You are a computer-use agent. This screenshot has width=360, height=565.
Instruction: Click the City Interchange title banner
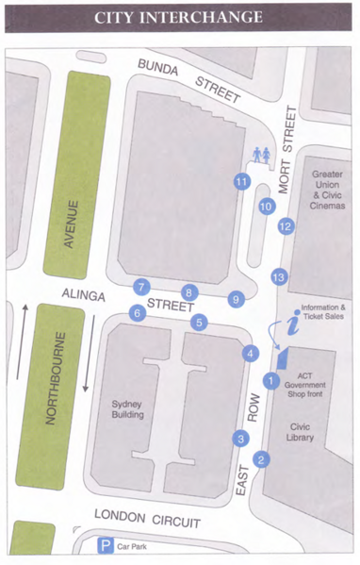(179, 17)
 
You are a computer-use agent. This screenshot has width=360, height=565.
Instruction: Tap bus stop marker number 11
(242, 181)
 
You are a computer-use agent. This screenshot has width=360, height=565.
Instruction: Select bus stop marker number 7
(142, 287)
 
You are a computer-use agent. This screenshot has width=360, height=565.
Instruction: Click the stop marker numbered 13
(278, 276)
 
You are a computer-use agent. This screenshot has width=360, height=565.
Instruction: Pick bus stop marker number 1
(270, 381)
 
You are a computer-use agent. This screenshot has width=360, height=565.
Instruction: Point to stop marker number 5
(199, 323)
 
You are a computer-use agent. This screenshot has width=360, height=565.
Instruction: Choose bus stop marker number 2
(262, 459)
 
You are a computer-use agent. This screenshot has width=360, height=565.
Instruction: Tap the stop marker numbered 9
(236, 299)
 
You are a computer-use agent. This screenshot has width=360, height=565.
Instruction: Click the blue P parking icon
(107, 545)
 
